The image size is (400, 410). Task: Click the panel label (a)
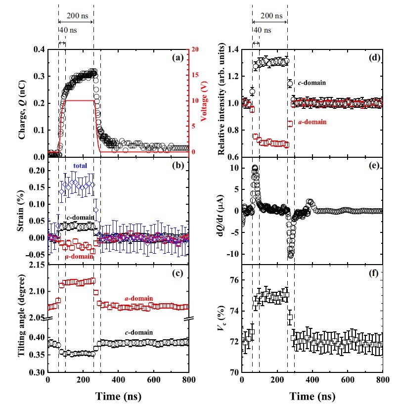pyautogui.click(x=178, y=57)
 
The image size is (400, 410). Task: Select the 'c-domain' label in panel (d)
pyautogui.click(x=311, y=83)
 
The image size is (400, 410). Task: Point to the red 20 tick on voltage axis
pyautogui.click(x=196, y=49)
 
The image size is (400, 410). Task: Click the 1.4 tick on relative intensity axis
pyautogui.click(x=232, y=49)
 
